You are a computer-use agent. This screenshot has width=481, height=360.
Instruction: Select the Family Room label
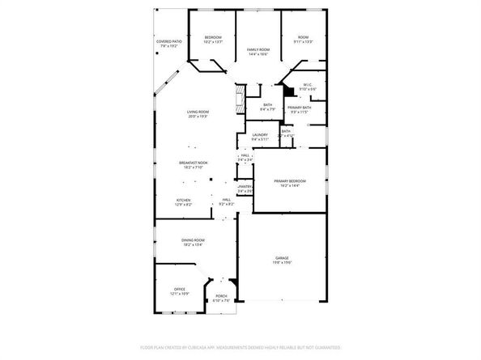click(258, 51)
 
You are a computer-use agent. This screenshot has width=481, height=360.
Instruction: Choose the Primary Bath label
click(299, 109)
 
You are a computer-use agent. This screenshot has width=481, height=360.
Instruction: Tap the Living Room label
click(198, 114)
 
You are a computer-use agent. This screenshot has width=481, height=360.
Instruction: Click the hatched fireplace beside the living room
click(239, 101)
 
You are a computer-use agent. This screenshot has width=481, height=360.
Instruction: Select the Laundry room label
click(260, 138)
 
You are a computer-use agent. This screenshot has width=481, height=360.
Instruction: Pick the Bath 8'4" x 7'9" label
click(267, 107)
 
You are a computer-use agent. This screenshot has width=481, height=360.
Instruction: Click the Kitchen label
click(184, 203)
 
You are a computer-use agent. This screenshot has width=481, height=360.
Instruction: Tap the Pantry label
click(245, 188)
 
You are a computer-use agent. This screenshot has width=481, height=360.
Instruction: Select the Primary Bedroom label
click(289, 183)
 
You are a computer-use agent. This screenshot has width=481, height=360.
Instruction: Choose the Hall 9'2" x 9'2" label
click(227, 202)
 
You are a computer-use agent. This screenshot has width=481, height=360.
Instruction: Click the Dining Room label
click(193, 242)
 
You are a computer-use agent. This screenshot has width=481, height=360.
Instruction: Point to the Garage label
click(281, 260)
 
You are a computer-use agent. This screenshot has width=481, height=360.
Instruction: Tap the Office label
click(180, 291)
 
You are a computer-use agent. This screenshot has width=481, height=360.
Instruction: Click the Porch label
click(221, 299)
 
